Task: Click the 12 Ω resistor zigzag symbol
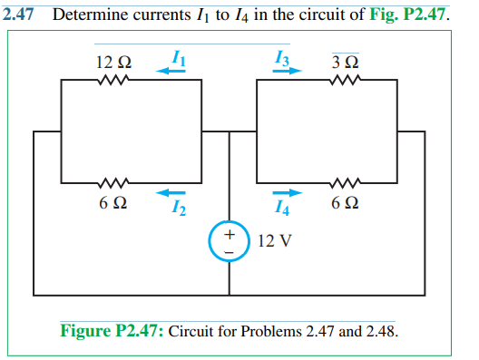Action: pyautogui.click(x=113, y=81)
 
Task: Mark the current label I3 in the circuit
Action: pyautogui.click(x=282, y=58)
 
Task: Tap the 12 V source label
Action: pyautogui.click(x=273, y=242)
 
